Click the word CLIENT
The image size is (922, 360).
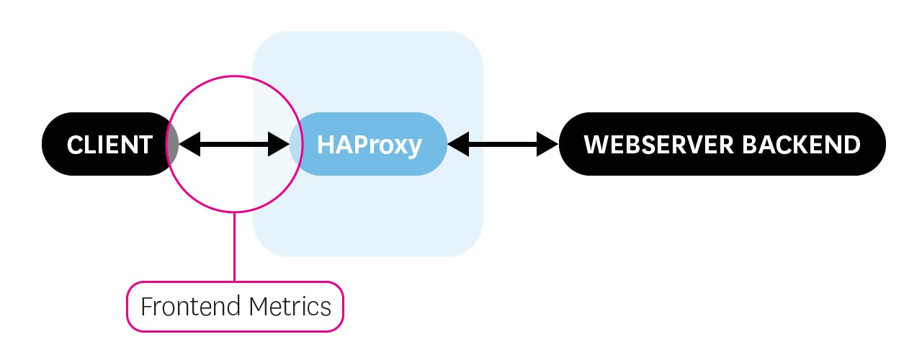(x=109, y=145)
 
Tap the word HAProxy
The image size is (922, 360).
(x=369, y=145)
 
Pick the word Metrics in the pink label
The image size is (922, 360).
(x=290, y=307)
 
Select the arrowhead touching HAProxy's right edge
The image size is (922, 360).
(x=457, y=145)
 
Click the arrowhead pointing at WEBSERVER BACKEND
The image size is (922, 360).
(x=548, y=145)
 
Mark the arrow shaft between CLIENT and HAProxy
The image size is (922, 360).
(x=234, y=145)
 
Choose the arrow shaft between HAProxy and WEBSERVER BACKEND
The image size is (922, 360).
(x=503, y=145)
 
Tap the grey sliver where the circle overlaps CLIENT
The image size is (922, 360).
(x=173, y=144)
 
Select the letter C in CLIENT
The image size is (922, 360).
(x=74, y=145)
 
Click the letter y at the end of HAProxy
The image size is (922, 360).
(x=413, y=147)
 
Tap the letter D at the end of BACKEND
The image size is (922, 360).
(x=851, y=145)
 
